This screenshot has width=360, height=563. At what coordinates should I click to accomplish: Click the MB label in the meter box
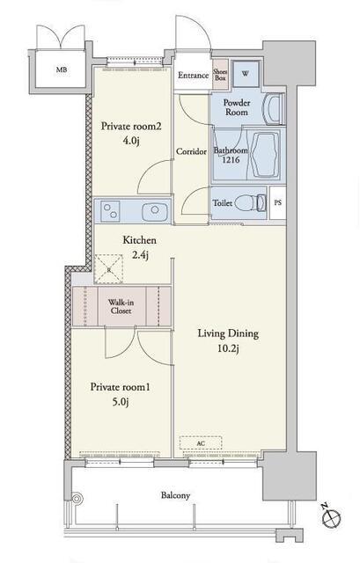click(x=61, y=70)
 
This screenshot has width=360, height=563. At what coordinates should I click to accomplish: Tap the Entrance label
click(x=194, y=76)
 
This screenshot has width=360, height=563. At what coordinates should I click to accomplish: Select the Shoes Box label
click(x=220, y=75)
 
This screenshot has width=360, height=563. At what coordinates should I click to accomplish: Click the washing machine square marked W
click(x=246, y=74)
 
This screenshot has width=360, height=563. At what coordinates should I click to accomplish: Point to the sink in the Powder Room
click(x=273, y=109)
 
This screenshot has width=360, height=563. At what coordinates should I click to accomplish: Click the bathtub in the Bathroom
click(x=266, y=155)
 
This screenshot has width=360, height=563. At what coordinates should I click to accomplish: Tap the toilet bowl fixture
click(x=251, y=203)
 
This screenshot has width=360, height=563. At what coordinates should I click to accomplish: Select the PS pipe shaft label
click(x=278, y=202)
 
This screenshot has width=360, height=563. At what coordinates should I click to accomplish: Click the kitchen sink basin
click(x=156, y=211)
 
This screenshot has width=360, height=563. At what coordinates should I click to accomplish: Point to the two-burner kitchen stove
click(x=110, y=210)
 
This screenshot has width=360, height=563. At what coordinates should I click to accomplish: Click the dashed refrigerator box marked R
click(x=108, y=268)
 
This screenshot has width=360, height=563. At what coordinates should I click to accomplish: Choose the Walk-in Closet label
click(x=121, y=307)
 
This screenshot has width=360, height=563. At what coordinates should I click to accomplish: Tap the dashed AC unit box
click(x=201, y=443)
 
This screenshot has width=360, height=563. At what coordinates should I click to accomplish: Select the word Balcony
click(x=175, y=496)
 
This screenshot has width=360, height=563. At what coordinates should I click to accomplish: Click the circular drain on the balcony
click(x=77, y=499)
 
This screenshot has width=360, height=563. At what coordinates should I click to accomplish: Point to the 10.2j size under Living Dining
click(x=228, y=348)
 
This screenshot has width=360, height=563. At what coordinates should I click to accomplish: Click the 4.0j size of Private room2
click(x=131, y=141)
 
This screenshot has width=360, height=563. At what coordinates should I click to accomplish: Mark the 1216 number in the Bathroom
click(x=231, y=160)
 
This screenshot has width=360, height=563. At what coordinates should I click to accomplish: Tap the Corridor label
click(x=191, y=151)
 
